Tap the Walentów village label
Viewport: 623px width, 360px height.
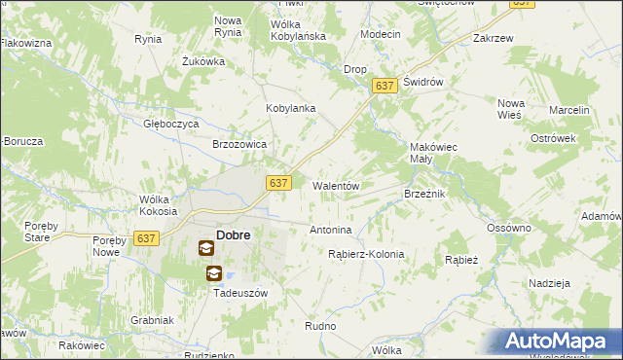coord(336,186)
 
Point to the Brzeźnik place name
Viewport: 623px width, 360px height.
coord(424,195)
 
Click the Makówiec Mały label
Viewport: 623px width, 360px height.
coord(434,154)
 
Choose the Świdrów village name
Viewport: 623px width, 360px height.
coord(423,83)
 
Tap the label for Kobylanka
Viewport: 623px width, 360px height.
coord(291,108)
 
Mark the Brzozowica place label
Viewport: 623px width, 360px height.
coord(239,143)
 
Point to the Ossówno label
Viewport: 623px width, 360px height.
coord(509,228)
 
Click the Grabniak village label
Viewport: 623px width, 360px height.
coord(152,320)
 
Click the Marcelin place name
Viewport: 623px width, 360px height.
coord(569,111)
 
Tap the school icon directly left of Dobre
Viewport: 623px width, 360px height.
coord(206,248)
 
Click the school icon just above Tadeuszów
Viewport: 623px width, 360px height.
coord(213,273)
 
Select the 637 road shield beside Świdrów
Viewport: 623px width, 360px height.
coord(385,87)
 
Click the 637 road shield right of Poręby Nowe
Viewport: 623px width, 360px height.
coord(147,238)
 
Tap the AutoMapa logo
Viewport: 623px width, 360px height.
coord(562,342)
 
